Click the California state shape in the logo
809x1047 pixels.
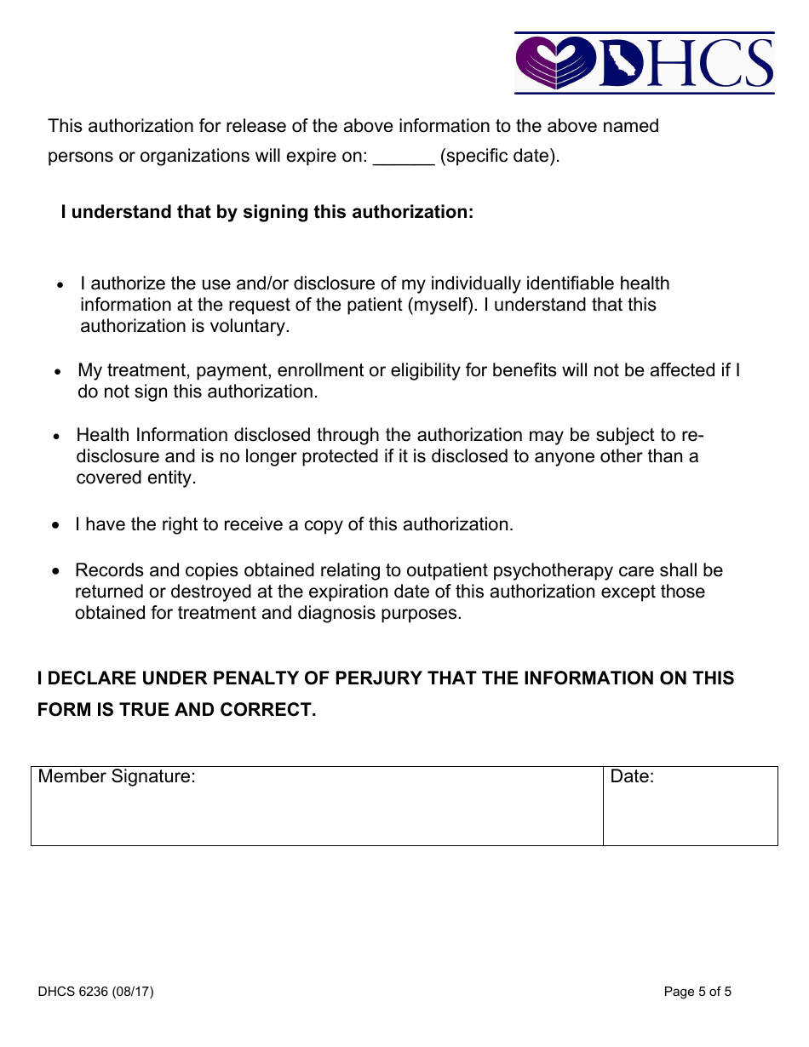coord(622,64)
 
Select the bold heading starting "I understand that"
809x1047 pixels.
coord(267,212)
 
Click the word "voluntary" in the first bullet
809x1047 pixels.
coord(250,326)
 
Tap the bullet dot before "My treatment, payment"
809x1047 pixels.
coord(59,372)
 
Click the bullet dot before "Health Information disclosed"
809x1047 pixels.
coord(57,437)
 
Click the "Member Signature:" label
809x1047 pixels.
coord(117,776)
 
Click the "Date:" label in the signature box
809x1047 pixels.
coord(632,776)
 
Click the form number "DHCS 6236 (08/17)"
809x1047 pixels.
coord(95,992)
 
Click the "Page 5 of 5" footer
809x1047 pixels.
coord(697,992)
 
